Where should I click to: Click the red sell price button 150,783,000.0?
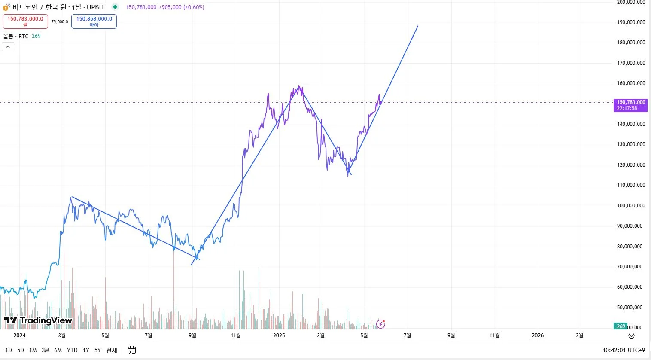(25, 21)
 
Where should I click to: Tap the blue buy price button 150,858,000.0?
(94, 21)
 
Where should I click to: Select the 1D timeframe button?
(9, 350)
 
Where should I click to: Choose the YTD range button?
(72, 350)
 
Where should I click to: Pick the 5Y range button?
(97, 350)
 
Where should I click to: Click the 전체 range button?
(112, 350)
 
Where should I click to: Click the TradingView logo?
(38, 320)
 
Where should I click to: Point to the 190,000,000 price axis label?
(631, 22)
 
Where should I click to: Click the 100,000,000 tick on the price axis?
(631, 206)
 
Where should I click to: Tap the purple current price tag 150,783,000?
(630, 105)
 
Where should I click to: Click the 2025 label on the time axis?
(279, 336)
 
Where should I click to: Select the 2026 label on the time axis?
(538, 336)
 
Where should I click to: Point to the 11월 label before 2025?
(236, 336)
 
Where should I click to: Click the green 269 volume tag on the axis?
(621, 326)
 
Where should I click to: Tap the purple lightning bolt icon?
(380, 323)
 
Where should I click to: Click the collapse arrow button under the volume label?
(8, 46)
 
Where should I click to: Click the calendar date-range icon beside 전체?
(132, 350)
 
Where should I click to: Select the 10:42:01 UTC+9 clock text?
(624, 350)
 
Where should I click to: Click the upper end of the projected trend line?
(418, 26)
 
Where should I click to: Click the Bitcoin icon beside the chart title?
(6, 7)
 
